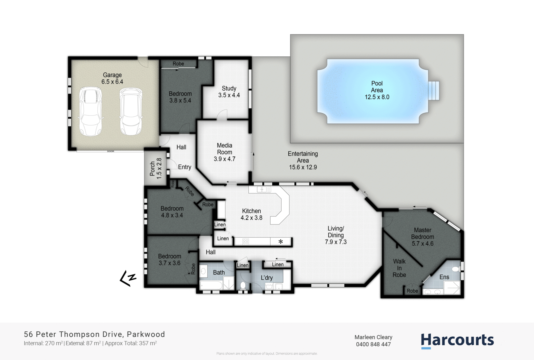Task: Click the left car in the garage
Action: point(90,111)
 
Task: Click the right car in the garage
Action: point(130,111)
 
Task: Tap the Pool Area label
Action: point(377,90)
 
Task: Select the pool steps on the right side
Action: point(434,90)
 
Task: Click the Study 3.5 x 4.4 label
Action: point(229,92)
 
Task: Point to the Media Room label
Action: point(224,149)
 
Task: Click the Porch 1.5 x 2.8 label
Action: point(156,168)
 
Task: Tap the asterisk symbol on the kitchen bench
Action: point(281,242)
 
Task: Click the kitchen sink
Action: point(262,190)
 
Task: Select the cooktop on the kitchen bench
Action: point(246,242)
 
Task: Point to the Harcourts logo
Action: point(457,341)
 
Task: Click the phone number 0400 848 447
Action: point(373,344)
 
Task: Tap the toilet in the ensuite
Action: point(456,269)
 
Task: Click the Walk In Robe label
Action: point(399,268)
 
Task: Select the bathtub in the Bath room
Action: point(211,286)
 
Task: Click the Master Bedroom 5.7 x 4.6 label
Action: point(423,237)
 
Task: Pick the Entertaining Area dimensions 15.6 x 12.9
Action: point(303,167)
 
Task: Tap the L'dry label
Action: point(267,278)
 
